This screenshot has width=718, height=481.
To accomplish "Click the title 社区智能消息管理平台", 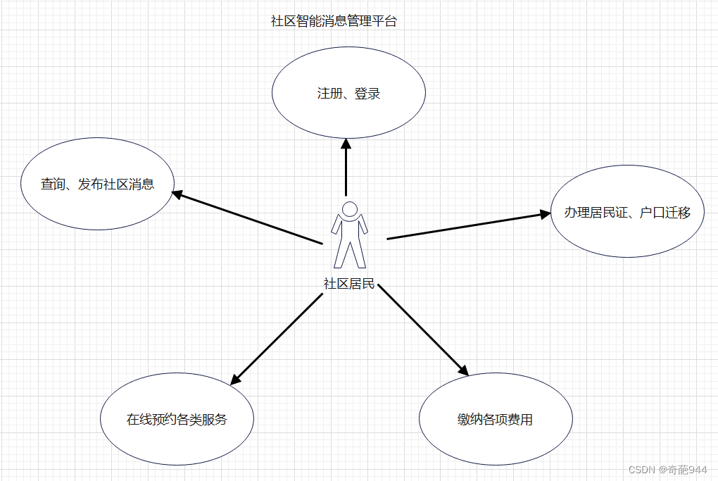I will click(334, 21).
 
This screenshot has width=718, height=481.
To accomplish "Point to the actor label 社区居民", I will click(349, 285).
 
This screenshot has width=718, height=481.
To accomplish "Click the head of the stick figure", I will click(349, 208).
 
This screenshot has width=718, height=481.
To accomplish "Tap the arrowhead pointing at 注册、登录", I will click(346, 143).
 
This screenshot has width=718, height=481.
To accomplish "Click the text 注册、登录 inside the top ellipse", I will click(348, 94).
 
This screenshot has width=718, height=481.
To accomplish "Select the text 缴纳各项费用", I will click(495, 420).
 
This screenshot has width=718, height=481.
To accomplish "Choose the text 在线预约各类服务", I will click(177, 420).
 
